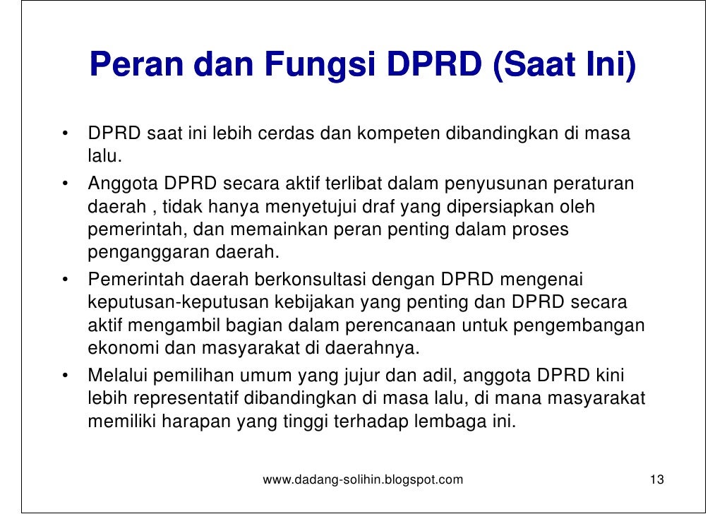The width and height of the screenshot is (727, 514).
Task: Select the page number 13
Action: coord(656,481)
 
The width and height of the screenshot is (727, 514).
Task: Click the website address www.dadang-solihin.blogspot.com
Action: coord(363,481)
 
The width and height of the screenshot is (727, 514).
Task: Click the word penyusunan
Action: coord(492,184)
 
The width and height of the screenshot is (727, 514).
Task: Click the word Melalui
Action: coord(115,376)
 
